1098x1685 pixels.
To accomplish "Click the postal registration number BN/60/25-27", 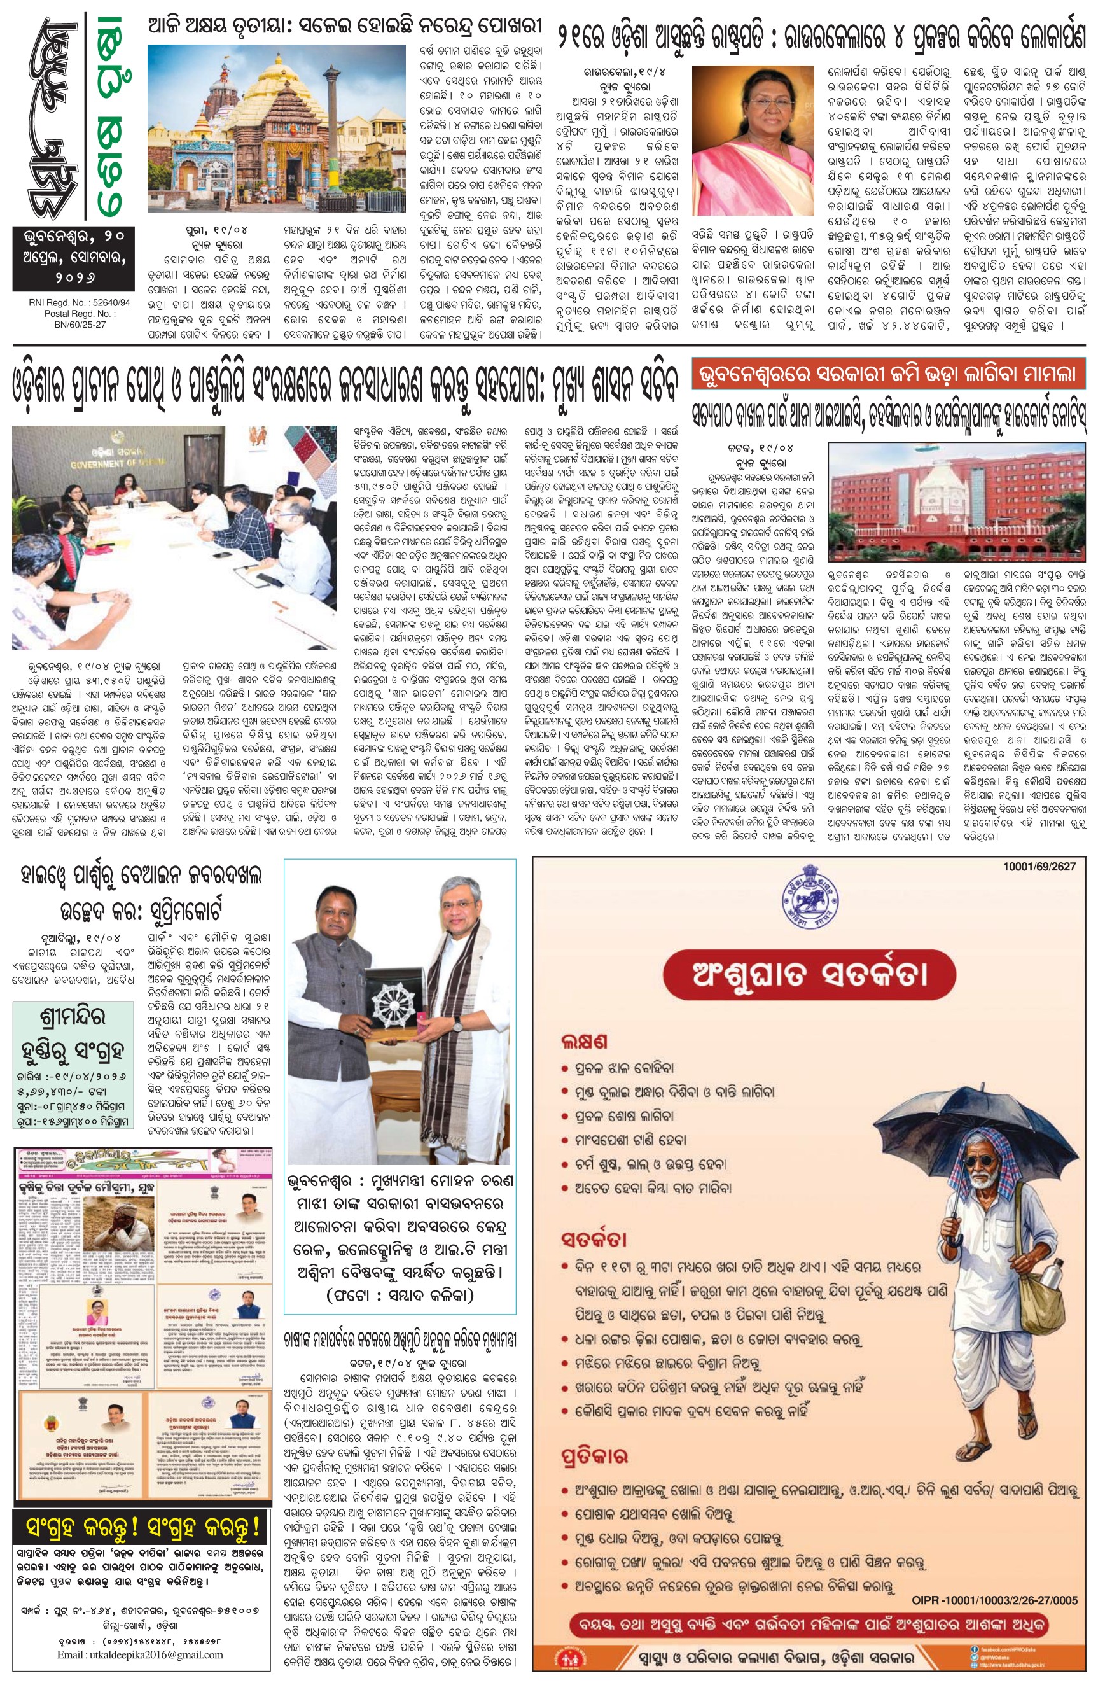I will [68, 325].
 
